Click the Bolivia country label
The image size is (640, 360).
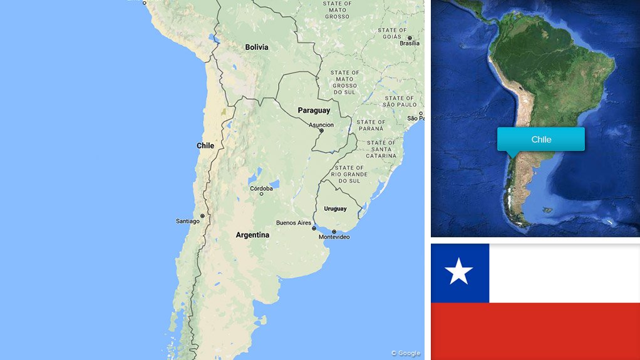256,47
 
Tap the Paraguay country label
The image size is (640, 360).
313,110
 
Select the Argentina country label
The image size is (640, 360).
252,235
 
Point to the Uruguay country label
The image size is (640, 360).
335,208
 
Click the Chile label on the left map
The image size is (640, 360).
205,145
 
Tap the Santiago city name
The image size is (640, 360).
187,221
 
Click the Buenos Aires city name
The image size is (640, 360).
293,223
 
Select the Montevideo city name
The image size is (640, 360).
334,237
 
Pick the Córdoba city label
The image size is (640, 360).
261,188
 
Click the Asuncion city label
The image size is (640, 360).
321,125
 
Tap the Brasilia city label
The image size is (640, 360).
410,43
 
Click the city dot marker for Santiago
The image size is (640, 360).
202,216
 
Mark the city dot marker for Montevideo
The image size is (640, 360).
334,232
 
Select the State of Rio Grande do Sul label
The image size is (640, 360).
349,175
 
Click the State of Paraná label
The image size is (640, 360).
371,126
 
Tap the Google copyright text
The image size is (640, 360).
406,353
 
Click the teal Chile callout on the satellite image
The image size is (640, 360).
541,140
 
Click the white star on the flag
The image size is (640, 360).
459,272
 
